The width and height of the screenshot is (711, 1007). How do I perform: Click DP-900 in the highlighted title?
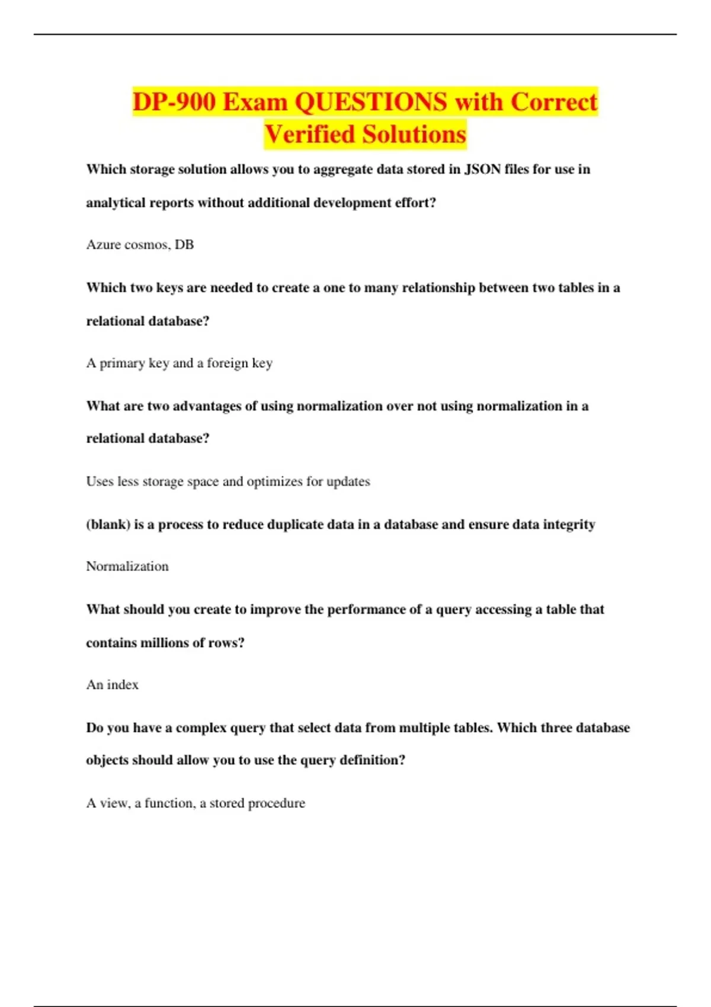(x=174, y=102)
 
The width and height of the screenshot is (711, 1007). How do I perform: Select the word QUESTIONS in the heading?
(x=371, y=102)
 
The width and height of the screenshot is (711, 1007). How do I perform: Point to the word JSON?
(x=482, y=169)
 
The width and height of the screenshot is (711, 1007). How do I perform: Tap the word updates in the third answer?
(x=348, y=482)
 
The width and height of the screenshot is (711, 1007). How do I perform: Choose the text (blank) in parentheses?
(x=108, y=525)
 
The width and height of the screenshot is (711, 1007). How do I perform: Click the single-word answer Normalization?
(x=127, y=566)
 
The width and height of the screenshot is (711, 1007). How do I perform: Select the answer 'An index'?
(x=112, y=685)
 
